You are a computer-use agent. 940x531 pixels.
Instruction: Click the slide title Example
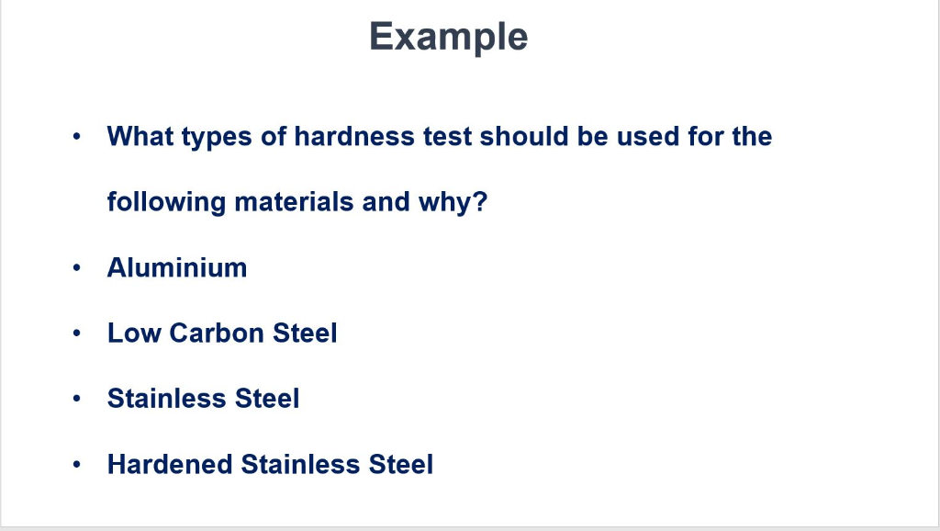[448, 37]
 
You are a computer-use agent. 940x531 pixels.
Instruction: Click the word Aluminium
[177, 267]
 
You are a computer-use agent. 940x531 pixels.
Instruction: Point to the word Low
[133, 333]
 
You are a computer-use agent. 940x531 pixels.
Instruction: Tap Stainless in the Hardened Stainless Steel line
[300, 464]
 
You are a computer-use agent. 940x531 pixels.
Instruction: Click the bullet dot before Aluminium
[80, 268]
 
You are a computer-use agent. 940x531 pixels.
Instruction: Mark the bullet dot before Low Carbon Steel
[80, 333]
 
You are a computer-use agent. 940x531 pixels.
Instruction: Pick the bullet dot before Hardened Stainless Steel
[80, 465]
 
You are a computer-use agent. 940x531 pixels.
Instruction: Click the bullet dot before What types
[80, 138]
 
